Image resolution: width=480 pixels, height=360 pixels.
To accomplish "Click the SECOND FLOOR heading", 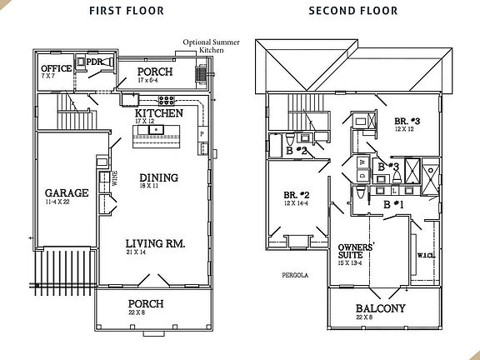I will click(352, 12).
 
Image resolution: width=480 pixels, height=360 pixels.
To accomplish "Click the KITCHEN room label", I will click(159, 112).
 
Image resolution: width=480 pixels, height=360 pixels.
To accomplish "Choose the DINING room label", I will click(158, 177).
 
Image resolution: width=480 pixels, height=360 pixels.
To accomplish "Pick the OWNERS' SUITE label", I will click(355, 252).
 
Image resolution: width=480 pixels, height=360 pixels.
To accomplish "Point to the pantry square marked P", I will click(201, 134).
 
